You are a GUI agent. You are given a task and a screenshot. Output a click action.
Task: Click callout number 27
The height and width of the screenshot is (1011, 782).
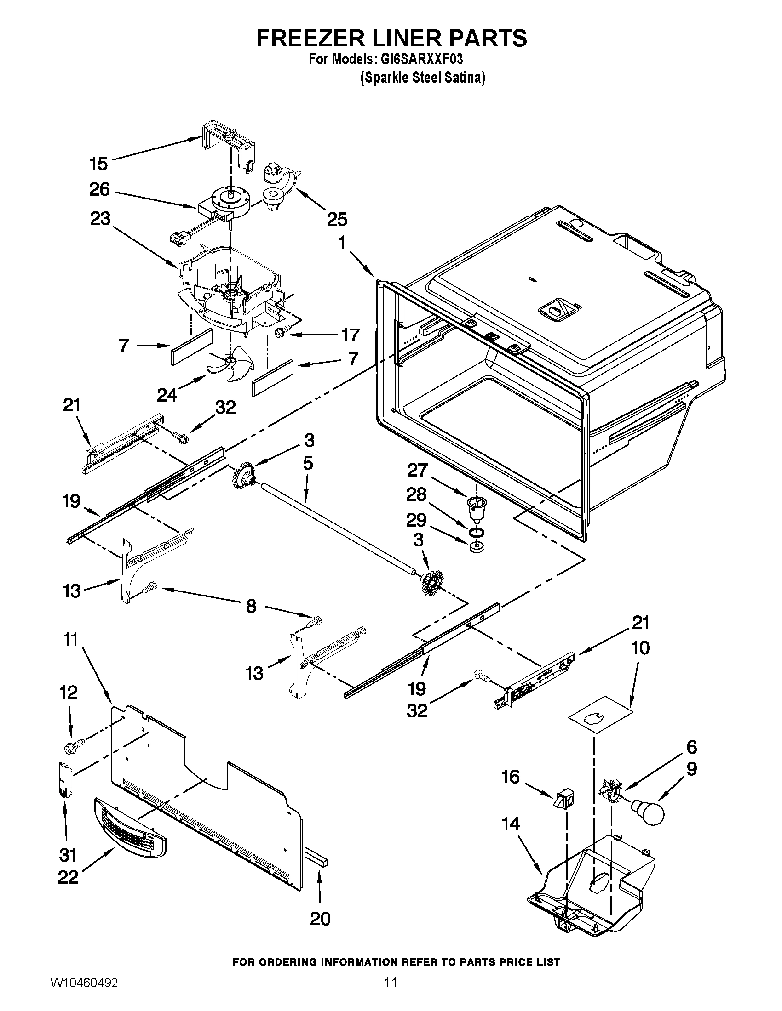point(416,470)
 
